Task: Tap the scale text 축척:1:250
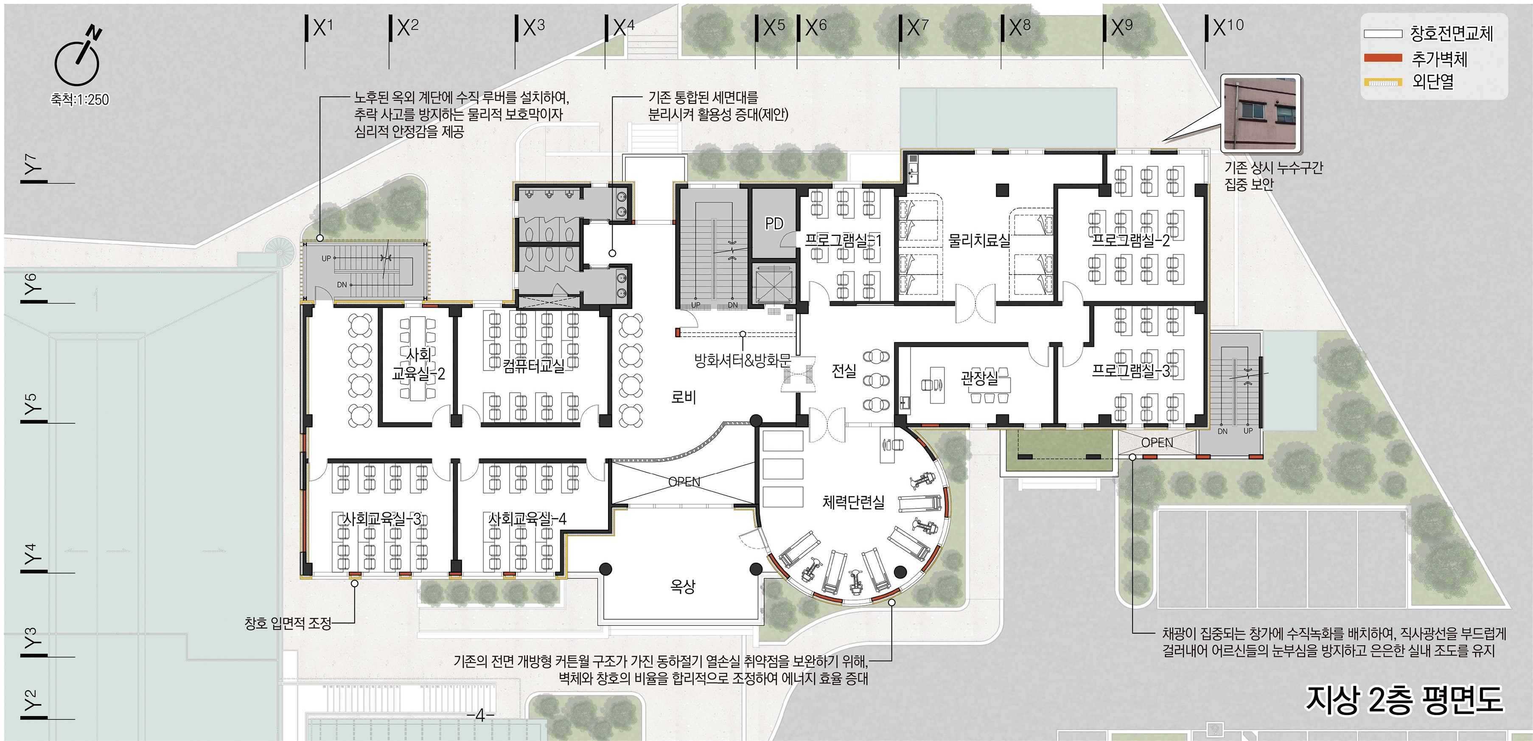pyautogui.click(x=80, y=99)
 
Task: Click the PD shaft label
pyautogui.click(x=774, y=223)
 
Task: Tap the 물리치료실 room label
pyautogui.click(x=979, y=241)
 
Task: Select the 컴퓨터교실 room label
pyautogui.click(x=533, y=365)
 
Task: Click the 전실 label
pyautogui.click(x=844, y=371)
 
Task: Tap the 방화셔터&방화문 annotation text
pyautogui.click(x=743, y=360)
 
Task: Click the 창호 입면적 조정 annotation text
pyautogui.click(x=288, y=623)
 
